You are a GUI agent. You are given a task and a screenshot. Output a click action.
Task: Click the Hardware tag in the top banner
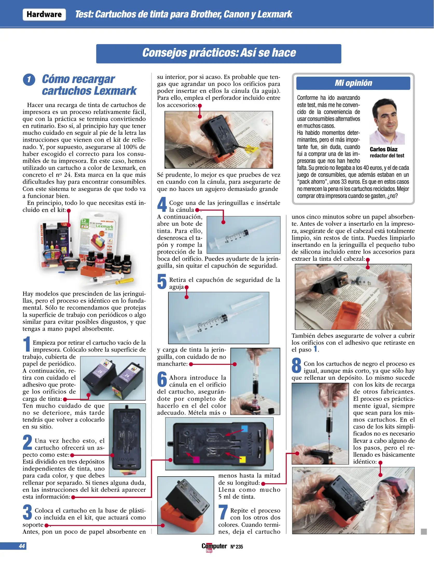tap(44, 15)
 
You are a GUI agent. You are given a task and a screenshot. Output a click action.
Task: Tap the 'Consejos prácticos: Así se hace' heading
tap(219, 53)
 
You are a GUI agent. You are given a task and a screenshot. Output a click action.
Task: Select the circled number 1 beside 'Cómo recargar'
tap(29, 80)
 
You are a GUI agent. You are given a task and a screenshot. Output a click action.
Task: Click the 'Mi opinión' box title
tap(353, 83)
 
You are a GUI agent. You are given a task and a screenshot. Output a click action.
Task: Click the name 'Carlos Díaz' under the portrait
tap(383, 149)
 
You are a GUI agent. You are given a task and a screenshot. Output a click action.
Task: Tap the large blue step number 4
tap(162, 204)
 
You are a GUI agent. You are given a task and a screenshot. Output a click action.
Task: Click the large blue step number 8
tap(296, 365)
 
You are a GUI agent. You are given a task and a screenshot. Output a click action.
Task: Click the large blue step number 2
tap(27, 442)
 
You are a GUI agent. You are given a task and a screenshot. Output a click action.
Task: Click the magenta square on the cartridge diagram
tap(196, 459)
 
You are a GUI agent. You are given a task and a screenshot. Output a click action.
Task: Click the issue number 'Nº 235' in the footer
tap(237, 547)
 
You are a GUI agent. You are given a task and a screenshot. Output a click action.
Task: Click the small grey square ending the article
tap(424, 532)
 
